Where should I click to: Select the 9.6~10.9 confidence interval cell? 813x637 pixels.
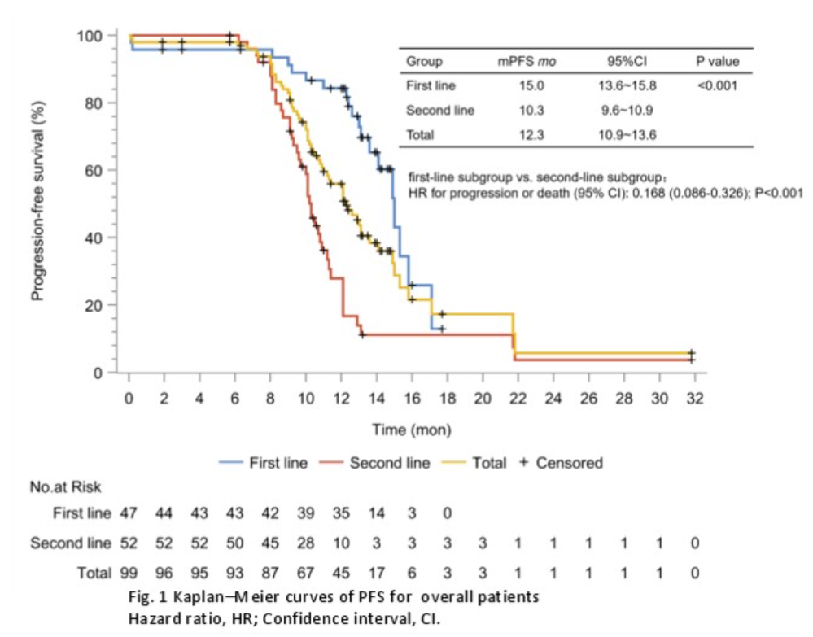(x=626, y=110)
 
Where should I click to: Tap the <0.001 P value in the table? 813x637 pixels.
(x=717, y=85)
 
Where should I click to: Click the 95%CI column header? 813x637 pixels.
(x=626, y=61)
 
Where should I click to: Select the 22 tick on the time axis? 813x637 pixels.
(x=518, y=399)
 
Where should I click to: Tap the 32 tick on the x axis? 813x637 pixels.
(x=694, y=399)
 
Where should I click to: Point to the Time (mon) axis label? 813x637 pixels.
(x=411, y=429)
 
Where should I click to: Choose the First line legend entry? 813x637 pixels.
(x=277, y=463)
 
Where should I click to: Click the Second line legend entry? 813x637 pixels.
(x=389, y=463)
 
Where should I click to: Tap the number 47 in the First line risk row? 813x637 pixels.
(x=129, y=515)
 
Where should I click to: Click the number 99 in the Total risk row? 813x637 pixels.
(x=129, y=573)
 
